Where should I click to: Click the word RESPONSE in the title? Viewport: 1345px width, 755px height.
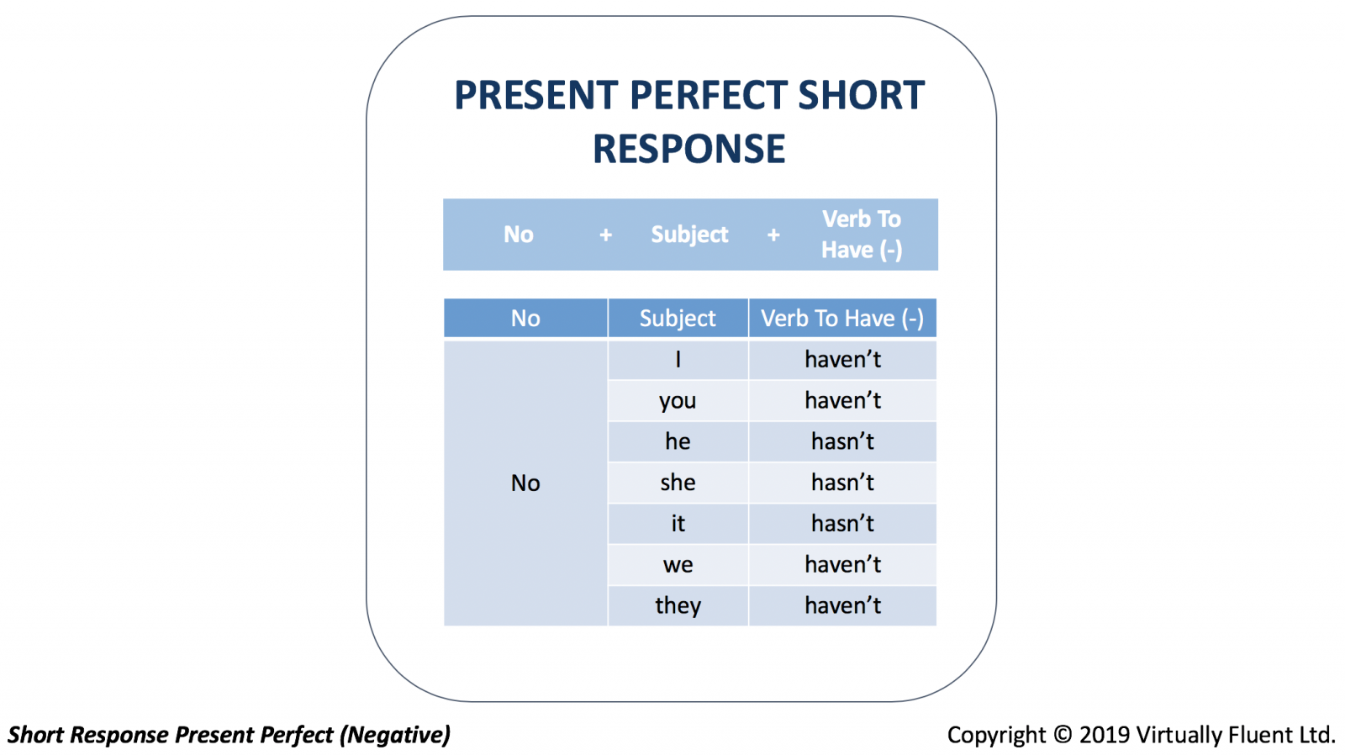pyautogui.click(x=688, y=149)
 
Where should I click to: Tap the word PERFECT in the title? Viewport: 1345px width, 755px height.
pyautogui.click(x=709, y=96)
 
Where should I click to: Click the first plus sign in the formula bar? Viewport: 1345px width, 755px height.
pyautogui.click(x=606, y=235)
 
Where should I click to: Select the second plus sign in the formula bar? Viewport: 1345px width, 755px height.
pyautogui.click(x=773, y=235)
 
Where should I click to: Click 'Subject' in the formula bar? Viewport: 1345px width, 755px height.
pyautogui.click(x=689, y=235)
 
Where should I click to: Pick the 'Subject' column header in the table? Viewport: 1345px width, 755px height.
pyautogui.click(x=678, y=319)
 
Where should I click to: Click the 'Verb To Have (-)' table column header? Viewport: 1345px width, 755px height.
pyautogui.click(x=842, y=319)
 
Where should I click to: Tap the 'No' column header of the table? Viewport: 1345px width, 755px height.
pyautogui.click(x=525, y=319)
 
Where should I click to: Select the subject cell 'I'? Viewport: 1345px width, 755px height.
pyautogui.click(x=678, y=360)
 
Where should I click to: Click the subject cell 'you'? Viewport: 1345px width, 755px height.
pyautogui.click(x=678, y=401)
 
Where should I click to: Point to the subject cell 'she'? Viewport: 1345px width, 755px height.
pyautogui.click(x=678, y=483)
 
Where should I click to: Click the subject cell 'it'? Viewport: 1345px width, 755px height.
pyautogui.click(x=678, y=524)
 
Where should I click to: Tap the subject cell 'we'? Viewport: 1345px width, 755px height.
pyautogui.click(x=678, y=565)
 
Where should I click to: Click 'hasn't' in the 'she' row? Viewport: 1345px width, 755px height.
pyautogui.click(x=842, y=483)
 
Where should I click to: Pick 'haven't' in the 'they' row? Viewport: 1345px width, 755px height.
pyautogui.click(x=842, y=605)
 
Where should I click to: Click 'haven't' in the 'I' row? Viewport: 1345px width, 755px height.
pyautogui.click(x=842, y=359)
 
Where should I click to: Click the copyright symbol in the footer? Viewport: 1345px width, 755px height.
pyautogui.click(x=1063, y=735)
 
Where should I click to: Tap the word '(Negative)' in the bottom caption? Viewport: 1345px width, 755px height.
pyautogui.click(x=394, y=735)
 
